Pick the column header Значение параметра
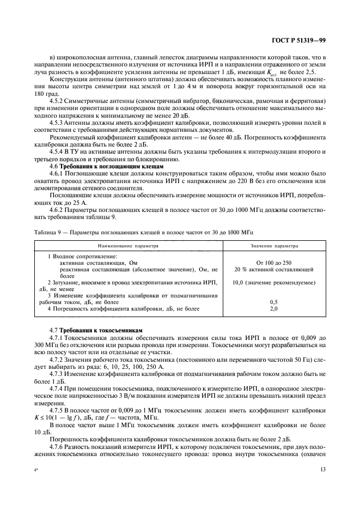pos(274,246)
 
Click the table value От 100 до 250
pos(273,263)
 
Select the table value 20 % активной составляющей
pos(273,269)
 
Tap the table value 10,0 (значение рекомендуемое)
pos(273,282)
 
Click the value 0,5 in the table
pos(273,302)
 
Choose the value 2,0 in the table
pos(273,308)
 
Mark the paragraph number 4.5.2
pos(58,101)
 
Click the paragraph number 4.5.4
pos(58,150)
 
